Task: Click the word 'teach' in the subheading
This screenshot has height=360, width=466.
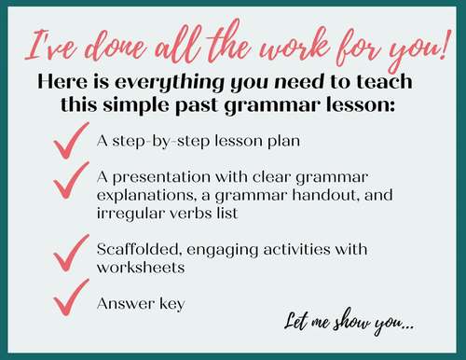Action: pos(382,81)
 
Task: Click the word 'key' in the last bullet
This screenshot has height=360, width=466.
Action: pos(169,303)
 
